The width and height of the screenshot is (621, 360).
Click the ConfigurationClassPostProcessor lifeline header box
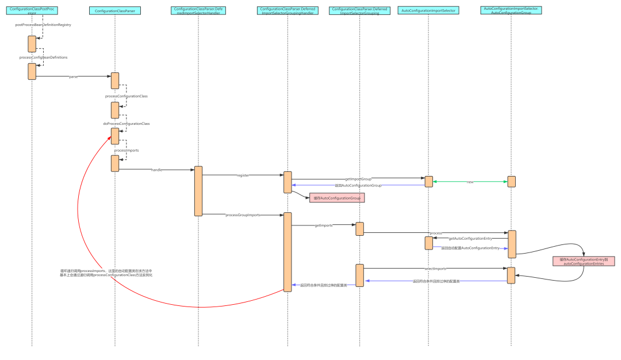click(x=32, y=10)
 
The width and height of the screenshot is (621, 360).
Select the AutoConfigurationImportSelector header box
click(x=428, y=10)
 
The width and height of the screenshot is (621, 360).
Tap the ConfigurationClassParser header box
click(x=115, y=10)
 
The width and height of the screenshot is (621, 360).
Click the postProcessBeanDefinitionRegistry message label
click(x=43, y=25)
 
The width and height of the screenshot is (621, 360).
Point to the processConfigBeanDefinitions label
click(x=43, y=58)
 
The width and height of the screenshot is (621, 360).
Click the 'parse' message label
click(x=74, y=76)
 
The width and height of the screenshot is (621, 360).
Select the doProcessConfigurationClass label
click(x=126, y=123)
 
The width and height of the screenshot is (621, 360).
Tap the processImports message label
click(x=126, y=150)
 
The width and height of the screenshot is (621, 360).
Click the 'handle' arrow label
click(x=157, y=170)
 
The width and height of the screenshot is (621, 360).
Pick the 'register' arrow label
click(x=243, y=175)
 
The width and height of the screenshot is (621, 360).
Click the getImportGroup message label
click(x=358, y=179)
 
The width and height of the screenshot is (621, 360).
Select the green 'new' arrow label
click(x=470, y=182)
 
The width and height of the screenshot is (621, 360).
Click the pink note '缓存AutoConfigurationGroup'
click(x=337, y=198)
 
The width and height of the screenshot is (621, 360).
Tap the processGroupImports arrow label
click(x=243, y=215)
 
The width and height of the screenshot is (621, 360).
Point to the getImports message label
click(x=324, y=225)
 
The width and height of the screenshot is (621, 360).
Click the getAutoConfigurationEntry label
click(x=470, y=238)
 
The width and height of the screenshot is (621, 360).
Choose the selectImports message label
click(x=435, y=269)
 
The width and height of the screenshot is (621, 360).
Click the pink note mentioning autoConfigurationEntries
click(x=584, y=261)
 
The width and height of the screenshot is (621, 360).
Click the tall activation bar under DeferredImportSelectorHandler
click(x=198, y=191)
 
